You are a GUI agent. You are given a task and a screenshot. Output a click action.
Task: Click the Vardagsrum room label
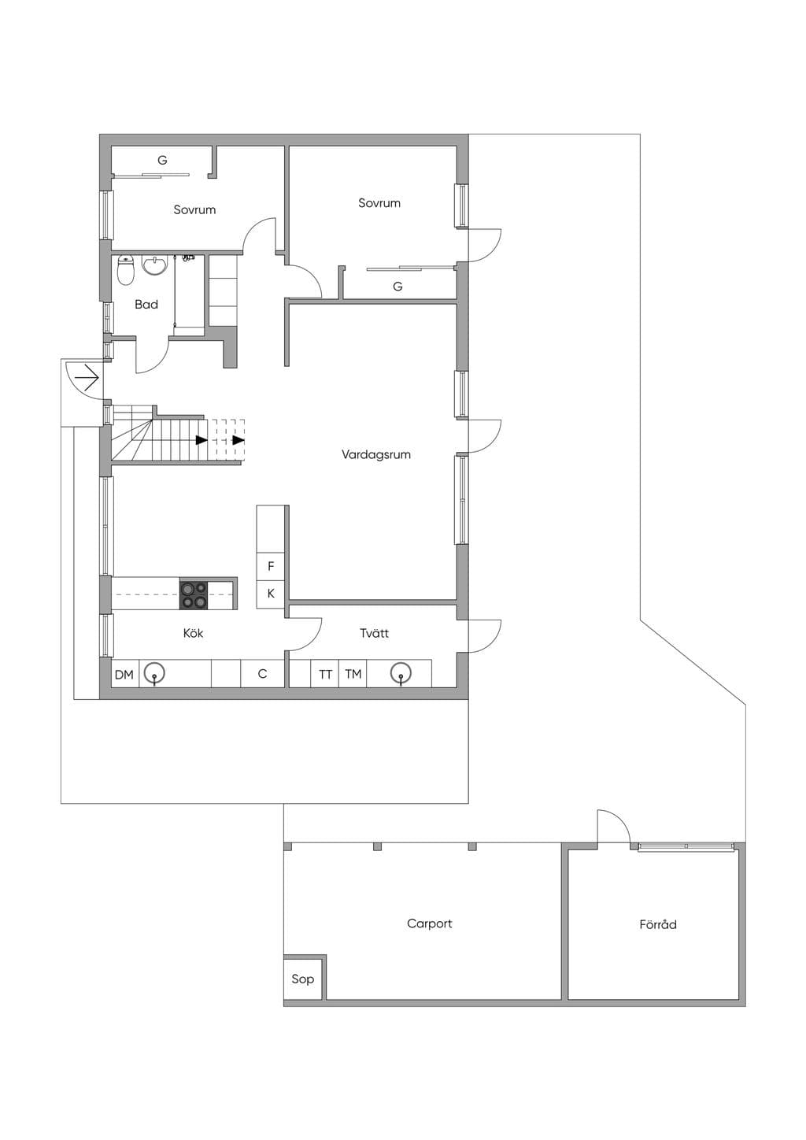click(x=376, y=454)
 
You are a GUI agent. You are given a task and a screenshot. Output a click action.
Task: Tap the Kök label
click(x=194, y=633)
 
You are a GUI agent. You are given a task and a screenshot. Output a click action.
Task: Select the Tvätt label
click(x=374, y=633)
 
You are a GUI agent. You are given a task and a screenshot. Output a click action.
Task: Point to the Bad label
click(x=146, y=305)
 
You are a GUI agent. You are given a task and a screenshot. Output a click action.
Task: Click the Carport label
click(x=430, y=923)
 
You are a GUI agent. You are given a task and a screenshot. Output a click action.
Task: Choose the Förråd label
click(x=658, y=923)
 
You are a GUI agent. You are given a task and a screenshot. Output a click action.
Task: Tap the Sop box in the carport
click(x=303, y=979)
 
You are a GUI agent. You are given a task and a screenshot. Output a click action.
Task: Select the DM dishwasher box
click(x=124, y=675)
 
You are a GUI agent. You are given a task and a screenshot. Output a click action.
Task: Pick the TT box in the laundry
click(x=325, y=675)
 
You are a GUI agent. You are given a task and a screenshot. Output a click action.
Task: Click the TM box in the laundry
click(x=353, y=675)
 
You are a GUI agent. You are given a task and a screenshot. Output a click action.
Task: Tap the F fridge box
click(x=271, y=566)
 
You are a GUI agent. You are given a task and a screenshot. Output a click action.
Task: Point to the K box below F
click(x=271, y=594)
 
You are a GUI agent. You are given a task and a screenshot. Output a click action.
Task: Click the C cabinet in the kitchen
click(x=263, y=675)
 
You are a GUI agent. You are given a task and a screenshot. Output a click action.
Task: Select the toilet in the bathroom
click(x=125, y=271)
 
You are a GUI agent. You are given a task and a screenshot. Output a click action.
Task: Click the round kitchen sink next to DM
click(x=154, y=673)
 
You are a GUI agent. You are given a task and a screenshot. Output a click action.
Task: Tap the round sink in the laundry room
click(x=401, y=673)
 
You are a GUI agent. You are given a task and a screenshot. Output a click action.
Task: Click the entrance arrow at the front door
click(x=86, y=378)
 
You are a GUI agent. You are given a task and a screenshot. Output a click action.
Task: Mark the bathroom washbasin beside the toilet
click(x=155, y=265)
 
